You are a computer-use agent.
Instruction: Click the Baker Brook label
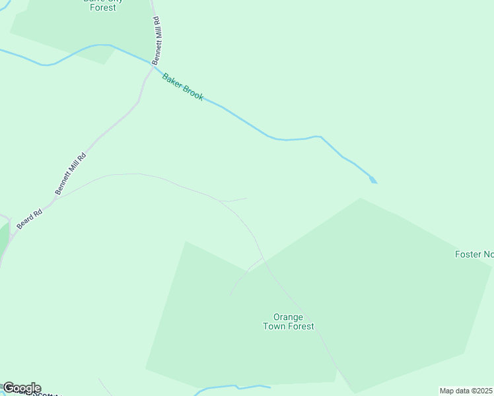point(183,86)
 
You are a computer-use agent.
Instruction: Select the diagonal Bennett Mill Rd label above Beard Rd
point(71,174)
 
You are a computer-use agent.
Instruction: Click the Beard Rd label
point(30,219)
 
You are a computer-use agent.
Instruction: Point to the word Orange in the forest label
point(288,317)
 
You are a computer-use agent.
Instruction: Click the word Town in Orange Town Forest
point(277,326)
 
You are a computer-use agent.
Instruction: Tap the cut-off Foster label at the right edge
point(474,254)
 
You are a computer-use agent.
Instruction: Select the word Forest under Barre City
point(103,8)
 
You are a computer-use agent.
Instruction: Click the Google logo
point(21,388)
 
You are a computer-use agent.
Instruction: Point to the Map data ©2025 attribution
point(466,391)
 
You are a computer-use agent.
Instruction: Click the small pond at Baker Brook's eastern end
point(373,179)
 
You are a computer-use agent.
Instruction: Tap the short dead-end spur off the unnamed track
point(234,199)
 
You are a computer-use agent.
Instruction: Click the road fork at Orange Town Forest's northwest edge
point(262,259)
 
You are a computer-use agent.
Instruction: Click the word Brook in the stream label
point(192,93)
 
